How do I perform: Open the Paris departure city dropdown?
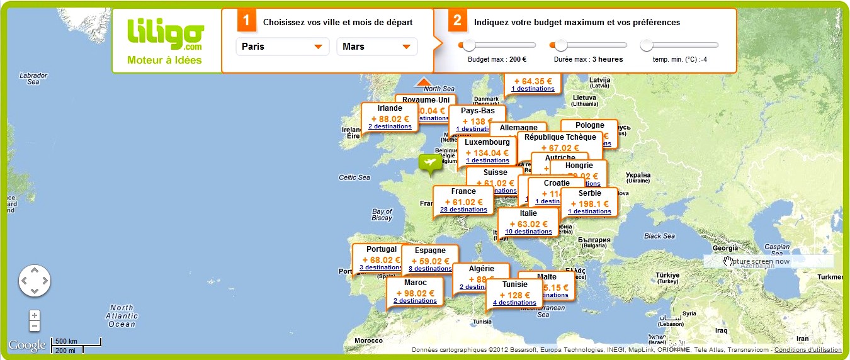coord(283,47)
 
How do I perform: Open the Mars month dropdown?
coord(377,47)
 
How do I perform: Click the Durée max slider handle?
coord(559,45)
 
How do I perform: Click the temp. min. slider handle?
coord(647,45)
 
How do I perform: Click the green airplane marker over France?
coord(431,163)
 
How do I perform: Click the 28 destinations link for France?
coord(463,210)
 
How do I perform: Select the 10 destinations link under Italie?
coord(528,232)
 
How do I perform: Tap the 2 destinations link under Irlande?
coord(390,127)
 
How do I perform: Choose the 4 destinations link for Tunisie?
coord(514,303)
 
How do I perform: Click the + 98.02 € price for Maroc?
coord(415,293)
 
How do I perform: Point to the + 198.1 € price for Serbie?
coord(589,203)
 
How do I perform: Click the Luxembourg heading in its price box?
coord(487,142)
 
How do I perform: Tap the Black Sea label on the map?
coord(659,236)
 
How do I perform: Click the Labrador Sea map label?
coord(33,79)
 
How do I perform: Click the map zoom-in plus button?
coord(35,315)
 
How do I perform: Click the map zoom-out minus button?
coord(35,326)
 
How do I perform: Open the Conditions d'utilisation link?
coord(808,350)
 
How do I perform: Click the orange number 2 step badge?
coord(458,21)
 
